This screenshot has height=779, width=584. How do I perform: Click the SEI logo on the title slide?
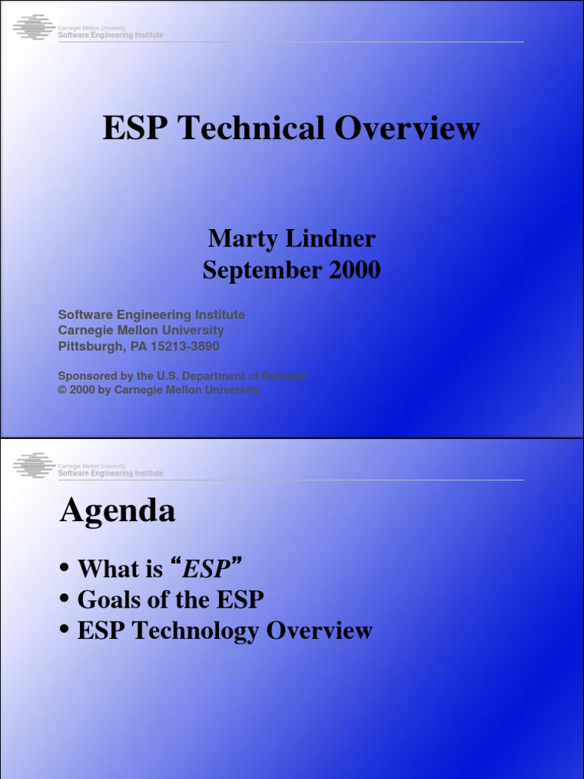(x=34, y=29)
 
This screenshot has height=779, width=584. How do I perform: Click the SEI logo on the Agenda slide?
(x=34, y=466)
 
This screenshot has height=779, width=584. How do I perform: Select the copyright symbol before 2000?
(x=62, y=390)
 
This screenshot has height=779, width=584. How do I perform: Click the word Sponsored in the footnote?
(x=87, y=376)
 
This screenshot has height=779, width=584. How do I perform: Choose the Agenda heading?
(x=117, y=510)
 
